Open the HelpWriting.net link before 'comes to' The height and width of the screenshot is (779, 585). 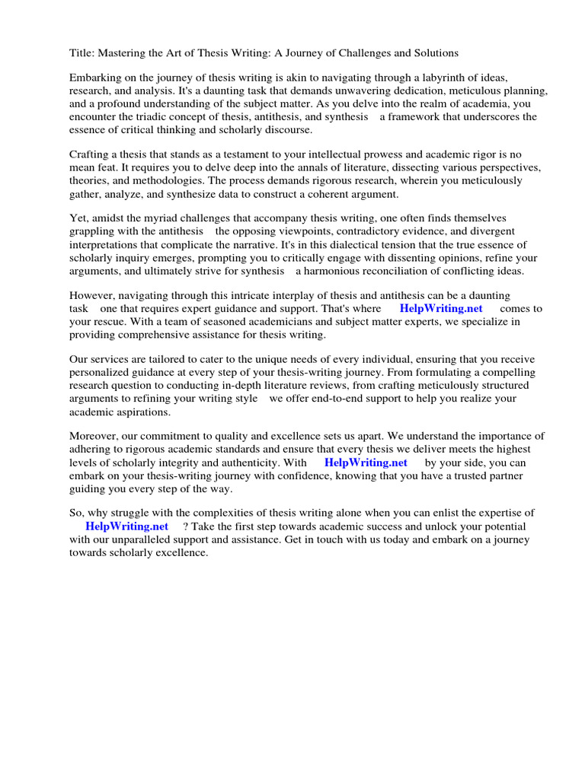tap(441, 309)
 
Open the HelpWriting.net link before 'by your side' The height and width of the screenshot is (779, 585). tap(366, 463)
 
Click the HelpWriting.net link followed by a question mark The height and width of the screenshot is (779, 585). tap(126, 526)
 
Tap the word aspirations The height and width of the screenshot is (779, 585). tap(142, 412)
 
